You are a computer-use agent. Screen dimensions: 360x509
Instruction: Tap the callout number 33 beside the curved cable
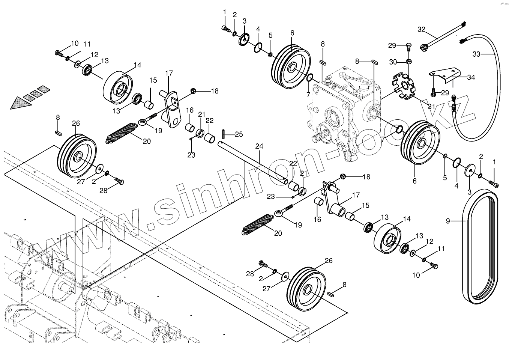click(476, 54)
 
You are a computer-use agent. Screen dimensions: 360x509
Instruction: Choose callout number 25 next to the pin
click(239, 134)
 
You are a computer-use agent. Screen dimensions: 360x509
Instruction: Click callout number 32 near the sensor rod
click(421, 29)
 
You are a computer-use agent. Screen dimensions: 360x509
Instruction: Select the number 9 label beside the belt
click(448, 221)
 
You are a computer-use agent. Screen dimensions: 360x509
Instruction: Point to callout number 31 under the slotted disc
click(431, 106)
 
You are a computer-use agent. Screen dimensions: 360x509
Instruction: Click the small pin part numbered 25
click(224, 134)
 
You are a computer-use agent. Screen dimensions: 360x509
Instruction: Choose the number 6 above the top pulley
click(292, 33)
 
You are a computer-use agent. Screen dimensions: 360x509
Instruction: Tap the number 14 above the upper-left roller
click(137, 65)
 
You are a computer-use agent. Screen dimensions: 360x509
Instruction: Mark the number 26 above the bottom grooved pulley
click(328, 261)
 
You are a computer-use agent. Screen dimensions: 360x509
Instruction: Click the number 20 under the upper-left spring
click(146, 141)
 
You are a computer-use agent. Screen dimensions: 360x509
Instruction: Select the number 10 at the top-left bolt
click(75, 43)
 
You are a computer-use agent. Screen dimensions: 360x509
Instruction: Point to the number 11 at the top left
click(87, 44)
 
